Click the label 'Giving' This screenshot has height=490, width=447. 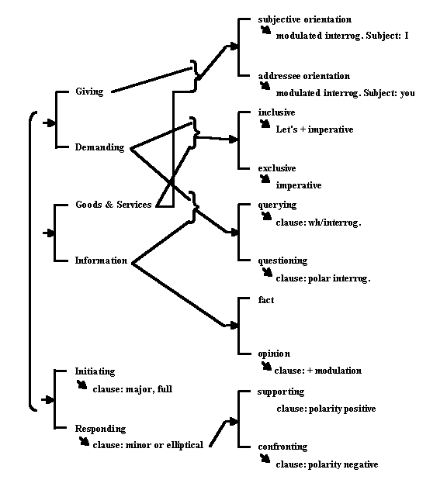coord(89,91)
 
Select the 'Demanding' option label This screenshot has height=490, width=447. coord(99,147)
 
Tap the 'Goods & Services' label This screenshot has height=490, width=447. coord(113,205)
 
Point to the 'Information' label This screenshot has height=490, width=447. coord(101,261)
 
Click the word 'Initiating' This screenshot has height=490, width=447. coord(95,371)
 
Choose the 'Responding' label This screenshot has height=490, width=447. coord(100,429)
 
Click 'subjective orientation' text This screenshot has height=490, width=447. coord(305,19)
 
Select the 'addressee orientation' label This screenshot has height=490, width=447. coord(303,76)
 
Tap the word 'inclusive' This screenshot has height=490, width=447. coord(276,112)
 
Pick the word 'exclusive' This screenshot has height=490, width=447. coord(277,168)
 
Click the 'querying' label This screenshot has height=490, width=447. coord(277,205)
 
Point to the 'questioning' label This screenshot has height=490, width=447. coord(282,261)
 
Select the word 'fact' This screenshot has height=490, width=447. coord(266,300)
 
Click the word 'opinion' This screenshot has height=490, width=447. coord(274,354)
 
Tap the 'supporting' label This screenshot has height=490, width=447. coord(281,392)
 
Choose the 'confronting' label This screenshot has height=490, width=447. coord(282,447)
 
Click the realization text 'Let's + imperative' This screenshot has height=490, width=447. coord(314,129)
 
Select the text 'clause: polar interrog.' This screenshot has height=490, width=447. coord(323,278)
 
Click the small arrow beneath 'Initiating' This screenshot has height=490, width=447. coord(82,385)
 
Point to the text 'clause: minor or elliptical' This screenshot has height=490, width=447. coord(148,445)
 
